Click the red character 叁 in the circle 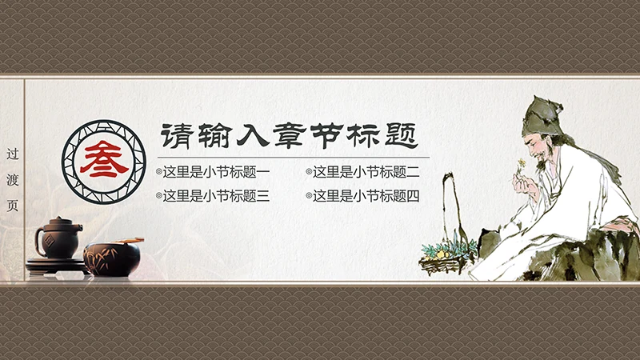103,154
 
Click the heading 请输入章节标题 289,134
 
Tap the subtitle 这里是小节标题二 366,172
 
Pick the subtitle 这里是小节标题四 366,195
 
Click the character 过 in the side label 12,153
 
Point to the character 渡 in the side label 12,178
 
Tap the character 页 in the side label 12,204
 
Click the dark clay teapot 58,239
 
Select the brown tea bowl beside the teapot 112,257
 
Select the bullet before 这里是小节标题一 158,172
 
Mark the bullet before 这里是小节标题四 309,195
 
